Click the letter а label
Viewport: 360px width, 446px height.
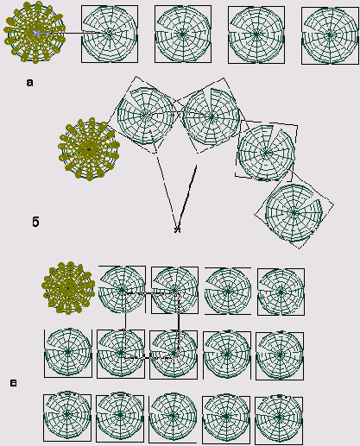coord(29,83)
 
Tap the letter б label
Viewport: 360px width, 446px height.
coord(35,222)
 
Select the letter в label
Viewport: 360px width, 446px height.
coord(13,383)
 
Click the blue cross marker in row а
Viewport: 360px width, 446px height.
coord(36,33)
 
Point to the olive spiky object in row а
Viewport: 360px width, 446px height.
coord(35,32)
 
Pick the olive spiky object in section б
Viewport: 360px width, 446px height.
coord(89,149)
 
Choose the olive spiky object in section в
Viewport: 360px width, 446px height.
coord(68,288)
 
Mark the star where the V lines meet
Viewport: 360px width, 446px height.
coord(178,229)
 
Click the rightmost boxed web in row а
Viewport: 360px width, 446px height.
coord(330,35)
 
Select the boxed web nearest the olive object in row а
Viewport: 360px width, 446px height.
coord(110,34)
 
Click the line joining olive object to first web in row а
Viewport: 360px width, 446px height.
coord(73,34)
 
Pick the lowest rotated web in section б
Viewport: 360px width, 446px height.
coord(294,213)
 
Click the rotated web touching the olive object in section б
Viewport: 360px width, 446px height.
coord(146,116)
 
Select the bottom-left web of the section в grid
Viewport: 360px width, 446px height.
coord(67,414)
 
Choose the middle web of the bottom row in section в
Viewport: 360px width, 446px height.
coord(173,416)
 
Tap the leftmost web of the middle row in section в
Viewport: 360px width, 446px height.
coord(68,352)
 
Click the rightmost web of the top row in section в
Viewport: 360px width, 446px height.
coord(281,292)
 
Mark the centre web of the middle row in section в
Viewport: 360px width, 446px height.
coord(174,354)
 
